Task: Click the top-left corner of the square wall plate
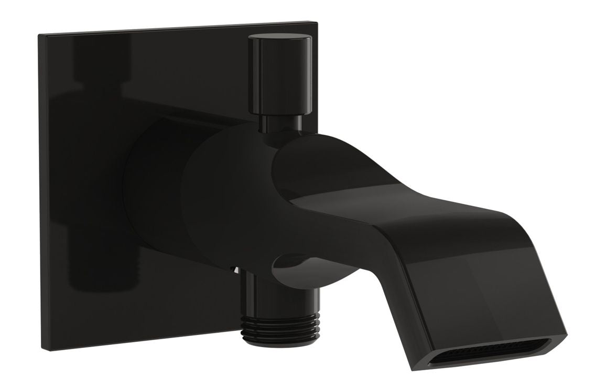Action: (x=40, y=36)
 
